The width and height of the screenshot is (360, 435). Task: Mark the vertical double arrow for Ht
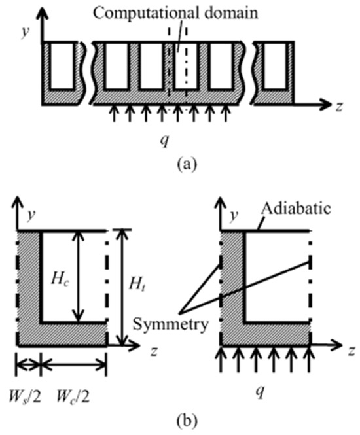pyautogui.click(x=121, y=287)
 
